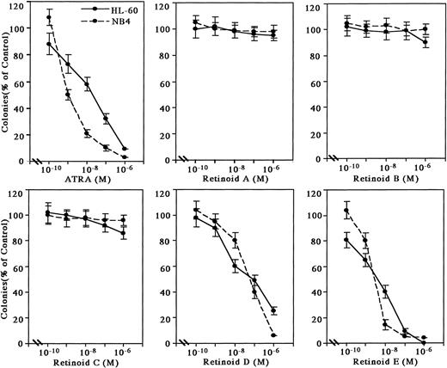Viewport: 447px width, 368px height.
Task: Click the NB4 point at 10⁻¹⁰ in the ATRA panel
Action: coord(49,17)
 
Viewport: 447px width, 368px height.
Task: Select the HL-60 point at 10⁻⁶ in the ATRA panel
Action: coord(125,149)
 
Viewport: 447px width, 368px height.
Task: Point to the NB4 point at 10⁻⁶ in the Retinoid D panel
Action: coord(274,335)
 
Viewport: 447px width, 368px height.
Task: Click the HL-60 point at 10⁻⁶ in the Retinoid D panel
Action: coord(274,310)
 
